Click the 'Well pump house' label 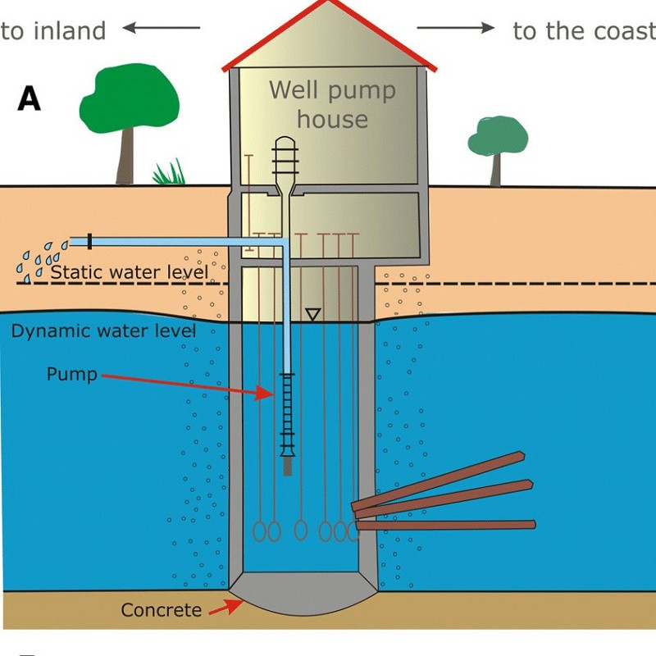pyautogui.click(x=332, y=104)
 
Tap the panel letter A pyautogui.click(x=30, y=99)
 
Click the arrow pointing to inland pyautogui.click(x=162, y=29)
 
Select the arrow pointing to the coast pyautogui.click(x=456, y=29)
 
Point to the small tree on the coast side pyautogui.click(x=497, y=143)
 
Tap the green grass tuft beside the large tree pyautogui.click(x=169, y=173)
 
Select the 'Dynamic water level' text pyautogui.click(x=103, y=331)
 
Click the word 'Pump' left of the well pyautogui.click(x=71, y=375)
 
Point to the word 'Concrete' pyautogui.click(x=161, y=610)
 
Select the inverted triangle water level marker pyautogui.click(x=312, y=314)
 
